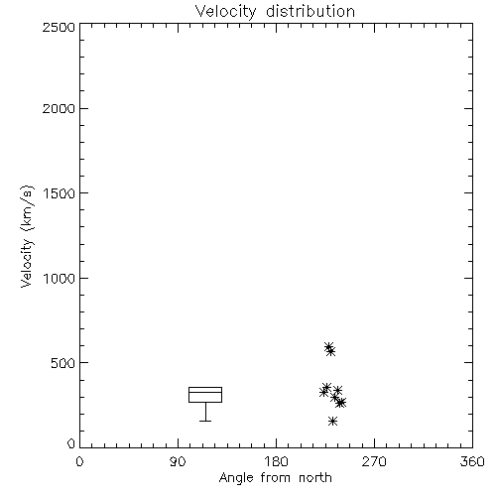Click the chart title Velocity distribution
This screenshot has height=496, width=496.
[x=275, y=12]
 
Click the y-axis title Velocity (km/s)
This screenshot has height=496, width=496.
[x=27, y=236]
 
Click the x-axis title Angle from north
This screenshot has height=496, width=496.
[x=275, y=478]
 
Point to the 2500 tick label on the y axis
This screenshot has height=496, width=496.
[x=59, y=27]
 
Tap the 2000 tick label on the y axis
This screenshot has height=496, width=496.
[x=59, y=108]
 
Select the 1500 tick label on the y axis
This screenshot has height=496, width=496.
[x=60, y=193]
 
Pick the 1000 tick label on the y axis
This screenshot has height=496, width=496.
[x=60, y=278]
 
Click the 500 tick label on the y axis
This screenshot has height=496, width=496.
[x=63, y=363]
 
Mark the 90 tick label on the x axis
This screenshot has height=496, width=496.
[x=178, y=461]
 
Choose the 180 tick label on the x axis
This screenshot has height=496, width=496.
[x=276, y=461]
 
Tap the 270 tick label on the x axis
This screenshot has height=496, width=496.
[x=374, y=461]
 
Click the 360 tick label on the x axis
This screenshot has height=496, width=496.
[x=472, y=461]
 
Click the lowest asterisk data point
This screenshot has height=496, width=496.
[x=332, y=421]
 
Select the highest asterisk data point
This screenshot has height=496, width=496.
[x=328, y=346]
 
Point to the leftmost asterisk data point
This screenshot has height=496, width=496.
[x=323, y=392]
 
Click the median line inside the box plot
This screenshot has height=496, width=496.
[x=205, y=392]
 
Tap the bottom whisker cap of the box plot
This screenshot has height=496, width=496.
[x=205, y=421]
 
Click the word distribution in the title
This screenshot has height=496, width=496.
[x=310, y=12]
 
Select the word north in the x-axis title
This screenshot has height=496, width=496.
[x=315, y=478]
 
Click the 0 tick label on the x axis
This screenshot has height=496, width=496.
[x=79, y=461]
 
